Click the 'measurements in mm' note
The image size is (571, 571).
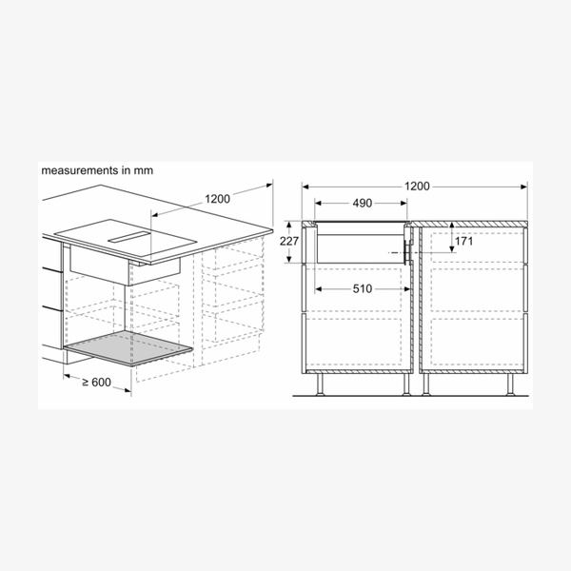pyautogui.click(x=97, y=170)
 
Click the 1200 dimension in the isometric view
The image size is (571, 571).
pyautogui.click(x=217, y=199)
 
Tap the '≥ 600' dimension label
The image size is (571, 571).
pyautogui.click(x=96, y=382)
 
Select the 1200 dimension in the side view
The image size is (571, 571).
pyautogui.click(x=417, y=187)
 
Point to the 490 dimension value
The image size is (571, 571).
pyautogui.click(x=363, y=204)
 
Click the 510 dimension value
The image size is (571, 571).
pyautogui.click(x=363, y=289)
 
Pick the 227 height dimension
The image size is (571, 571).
pyautogui.click(x=288, y=241)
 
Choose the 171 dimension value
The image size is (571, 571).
pyautogui.click(x=463, y=241)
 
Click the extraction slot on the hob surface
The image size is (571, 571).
pyautogui.click(x=129, y=237)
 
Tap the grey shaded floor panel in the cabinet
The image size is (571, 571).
pyautogui.click(x=128, y=348)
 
